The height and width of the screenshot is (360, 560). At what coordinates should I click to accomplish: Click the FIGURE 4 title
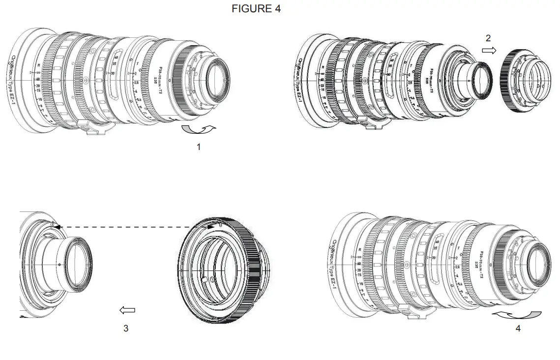(x=256, y=9)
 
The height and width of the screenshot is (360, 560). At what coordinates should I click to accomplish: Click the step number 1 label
(x=199, y=147)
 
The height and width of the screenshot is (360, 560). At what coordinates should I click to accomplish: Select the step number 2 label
(x=488, y=38)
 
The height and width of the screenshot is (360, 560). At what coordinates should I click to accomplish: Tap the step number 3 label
(x=126, y=328)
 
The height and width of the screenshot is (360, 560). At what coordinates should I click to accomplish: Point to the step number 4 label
(x=518, y=328)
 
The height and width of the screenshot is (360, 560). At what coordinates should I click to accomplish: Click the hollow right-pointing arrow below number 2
(x=489, y=50)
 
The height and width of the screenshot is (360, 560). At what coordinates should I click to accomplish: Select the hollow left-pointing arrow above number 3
(x=127, y=310)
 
